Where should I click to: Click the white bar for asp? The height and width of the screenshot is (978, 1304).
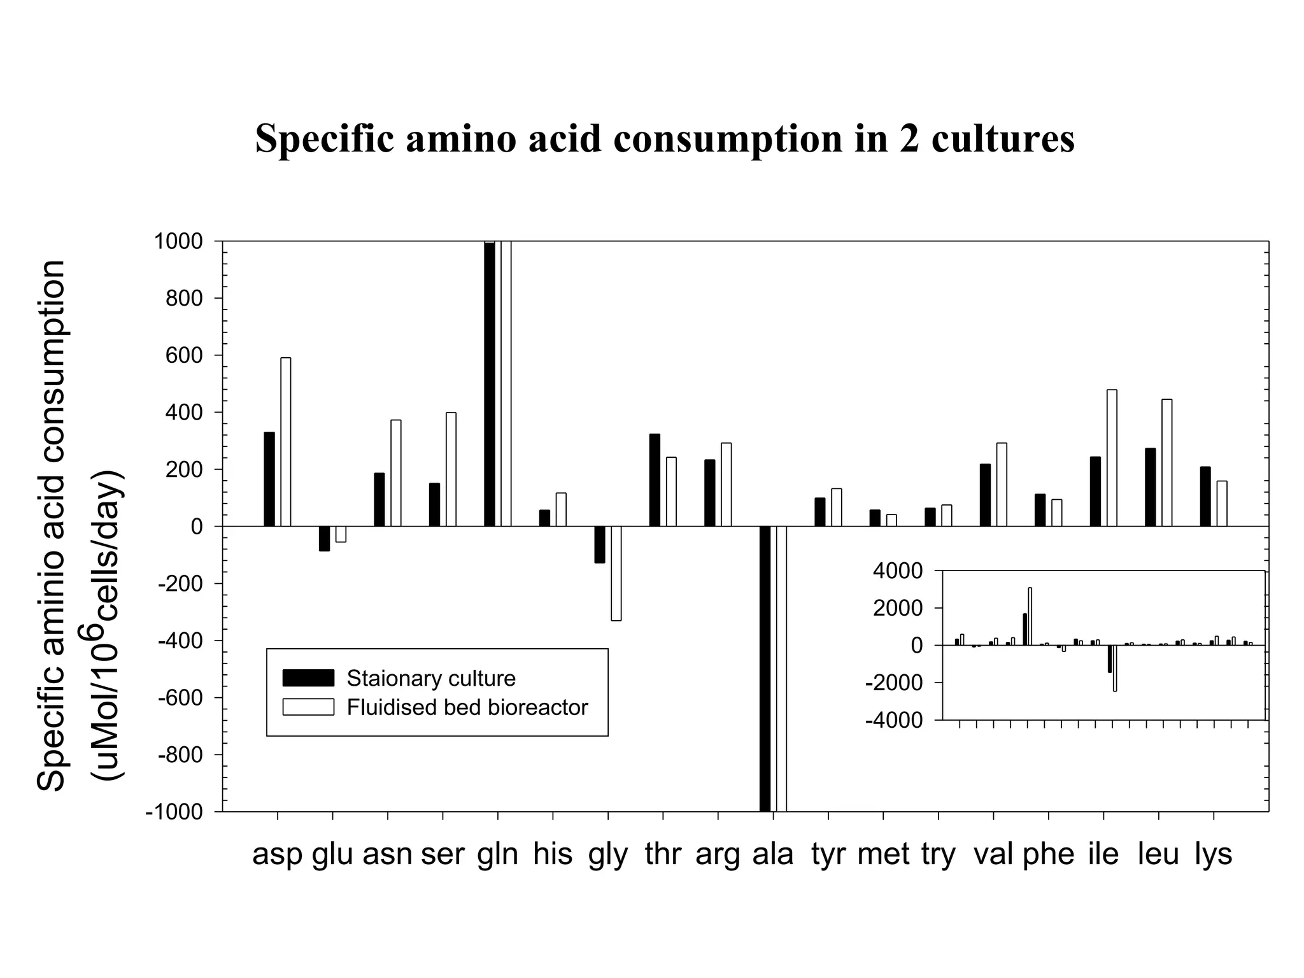[286, 442]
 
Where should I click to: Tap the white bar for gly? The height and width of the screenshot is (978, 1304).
[616, 573]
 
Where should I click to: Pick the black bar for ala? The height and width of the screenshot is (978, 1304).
[765, 669]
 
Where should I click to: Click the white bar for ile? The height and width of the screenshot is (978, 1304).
[1112, 458]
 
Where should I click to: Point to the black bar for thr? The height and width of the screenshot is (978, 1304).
[655, 480]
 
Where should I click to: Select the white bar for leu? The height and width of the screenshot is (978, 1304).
[1166, 463]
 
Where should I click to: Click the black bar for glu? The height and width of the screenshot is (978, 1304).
[324, 538]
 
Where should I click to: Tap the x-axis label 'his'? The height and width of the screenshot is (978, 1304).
[553, 854]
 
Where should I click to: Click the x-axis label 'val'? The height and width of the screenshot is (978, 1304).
[993, 854]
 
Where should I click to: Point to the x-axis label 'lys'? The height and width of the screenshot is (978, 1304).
[1213, 854]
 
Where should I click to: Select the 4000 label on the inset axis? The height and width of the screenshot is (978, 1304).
[897, 571]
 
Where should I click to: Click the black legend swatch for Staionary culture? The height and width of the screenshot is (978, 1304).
[308, 678]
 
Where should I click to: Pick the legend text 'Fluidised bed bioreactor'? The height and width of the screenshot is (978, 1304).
[467, 707]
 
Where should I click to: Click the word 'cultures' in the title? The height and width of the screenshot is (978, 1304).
[1003, 138]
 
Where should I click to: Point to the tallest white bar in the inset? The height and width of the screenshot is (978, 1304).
[1030, 616]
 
